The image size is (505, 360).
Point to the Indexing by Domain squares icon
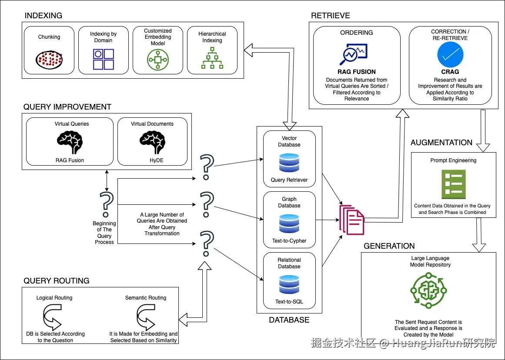pos(104,59)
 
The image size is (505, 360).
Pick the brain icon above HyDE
pos(152,141)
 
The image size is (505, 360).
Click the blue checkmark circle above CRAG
pos(450,54)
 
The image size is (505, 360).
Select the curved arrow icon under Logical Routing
pos(54,316)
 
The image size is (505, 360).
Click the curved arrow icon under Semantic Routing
pos(146,316)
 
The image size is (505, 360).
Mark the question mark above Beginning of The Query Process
pos(105,204)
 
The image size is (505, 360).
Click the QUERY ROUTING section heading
pos(56,281)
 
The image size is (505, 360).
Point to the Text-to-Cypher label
pos(289,241)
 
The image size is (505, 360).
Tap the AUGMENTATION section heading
pos(441,143)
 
